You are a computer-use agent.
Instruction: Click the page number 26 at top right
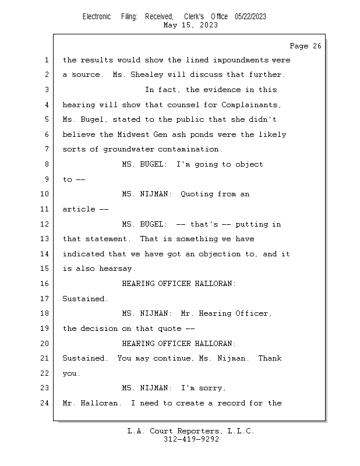(x=317, y=46)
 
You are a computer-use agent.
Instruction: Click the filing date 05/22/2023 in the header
(x=250, y=17)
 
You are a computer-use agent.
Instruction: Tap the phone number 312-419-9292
(x=191, y=439)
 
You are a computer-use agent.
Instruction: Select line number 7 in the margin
(x=47, y=149)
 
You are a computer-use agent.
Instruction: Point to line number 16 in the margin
(x=45, y=284)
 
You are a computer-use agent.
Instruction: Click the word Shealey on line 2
(x=147, y=75)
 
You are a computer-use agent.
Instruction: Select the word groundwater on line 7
(x=128, y=149)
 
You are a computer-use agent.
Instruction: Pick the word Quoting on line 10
(x=197, y=194)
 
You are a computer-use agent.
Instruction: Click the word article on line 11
(x=79, y=209)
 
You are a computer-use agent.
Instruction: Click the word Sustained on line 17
(x=83, y=299)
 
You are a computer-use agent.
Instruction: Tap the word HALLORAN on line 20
(x=213, y=344)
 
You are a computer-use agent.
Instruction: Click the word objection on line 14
(x=220, y=254)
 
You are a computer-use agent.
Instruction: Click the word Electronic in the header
(x=97, y=17)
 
